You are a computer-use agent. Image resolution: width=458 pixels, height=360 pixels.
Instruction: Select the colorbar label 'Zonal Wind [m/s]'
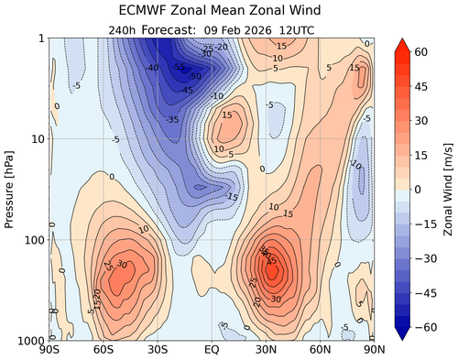[x=448, y=189]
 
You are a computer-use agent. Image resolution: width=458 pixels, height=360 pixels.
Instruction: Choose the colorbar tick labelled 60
[x=422, y=51]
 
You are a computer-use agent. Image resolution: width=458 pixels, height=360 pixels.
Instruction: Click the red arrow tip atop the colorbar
[x=402, y=43]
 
